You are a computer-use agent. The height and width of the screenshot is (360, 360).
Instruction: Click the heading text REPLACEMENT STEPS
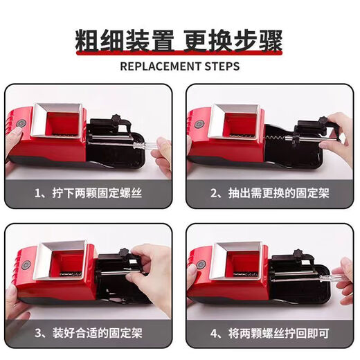(179, 66)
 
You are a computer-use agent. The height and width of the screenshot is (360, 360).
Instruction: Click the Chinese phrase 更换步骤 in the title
(233, 40)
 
